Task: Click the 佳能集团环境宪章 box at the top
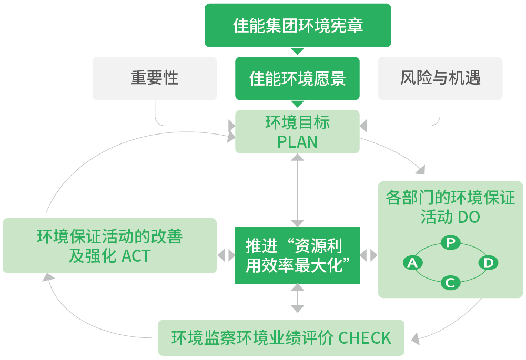coord(298,25)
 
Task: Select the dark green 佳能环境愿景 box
coord(298,78)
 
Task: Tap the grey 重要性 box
coord(155,78)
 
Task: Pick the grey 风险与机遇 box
coord(440,78)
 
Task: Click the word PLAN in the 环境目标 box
coord(297,142)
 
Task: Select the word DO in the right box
coord(469,217)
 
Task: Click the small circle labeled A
coord(412,263)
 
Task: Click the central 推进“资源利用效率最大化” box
coord(298,255)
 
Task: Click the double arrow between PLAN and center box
coord(298,190)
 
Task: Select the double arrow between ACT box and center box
coord(226,255)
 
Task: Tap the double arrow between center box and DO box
coord(369,255)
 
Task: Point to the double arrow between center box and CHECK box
coord(298,298)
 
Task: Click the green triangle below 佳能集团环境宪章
coord(298,51)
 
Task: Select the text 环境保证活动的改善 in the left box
coord(109,236)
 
